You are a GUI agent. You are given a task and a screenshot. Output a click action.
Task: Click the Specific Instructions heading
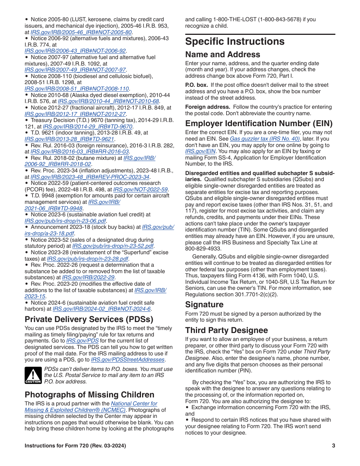pyautogui.click(x=235, y=41)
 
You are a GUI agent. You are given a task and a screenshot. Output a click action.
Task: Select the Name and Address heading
pyautogui.click(x=222, y=55)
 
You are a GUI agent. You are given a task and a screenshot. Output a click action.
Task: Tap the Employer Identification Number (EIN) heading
pyautogui.click(x=259, y=124)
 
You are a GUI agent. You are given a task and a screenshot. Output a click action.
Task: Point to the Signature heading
pyautogui.click(x=204, y=305)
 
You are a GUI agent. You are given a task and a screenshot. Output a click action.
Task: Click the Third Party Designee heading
pyautogui.click(x=226, y=330)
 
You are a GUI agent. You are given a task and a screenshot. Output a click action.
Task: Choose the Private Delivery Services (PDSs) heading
pyautogui.click(x=89, y=319)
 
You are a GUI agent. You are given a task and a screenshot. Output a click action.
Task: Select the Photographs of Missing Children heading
pyautogui.click(x=89, y=395)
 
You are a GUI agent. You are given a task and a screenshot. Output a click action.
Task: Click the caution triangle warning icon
pyautogui.click(x=33, y=375)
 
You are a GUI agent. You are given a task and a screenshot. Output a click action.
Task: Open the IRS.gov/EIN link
pyautogui.click(x=195, y=151)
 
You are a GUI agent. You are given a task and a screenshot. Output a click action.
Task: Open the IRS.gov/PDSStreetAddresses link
pyautogui.click(x=128, y=360)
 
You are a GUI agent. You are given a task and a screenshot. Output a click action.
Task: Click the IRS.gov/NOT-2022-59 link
pyautogui.click(x=140, y=189)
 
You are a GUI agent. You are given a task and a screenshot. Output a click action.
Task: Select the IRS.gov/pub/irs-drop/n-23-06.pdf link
pyautogui.click(x=65, y=221)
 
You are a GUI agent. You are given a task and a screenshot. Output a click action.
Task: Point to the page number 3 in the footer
pyautogui.click(x=333, y=446)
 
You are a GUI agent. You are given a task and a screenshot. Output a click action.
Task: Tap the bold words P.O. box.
pyautogui.click(x=196, y=85)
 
